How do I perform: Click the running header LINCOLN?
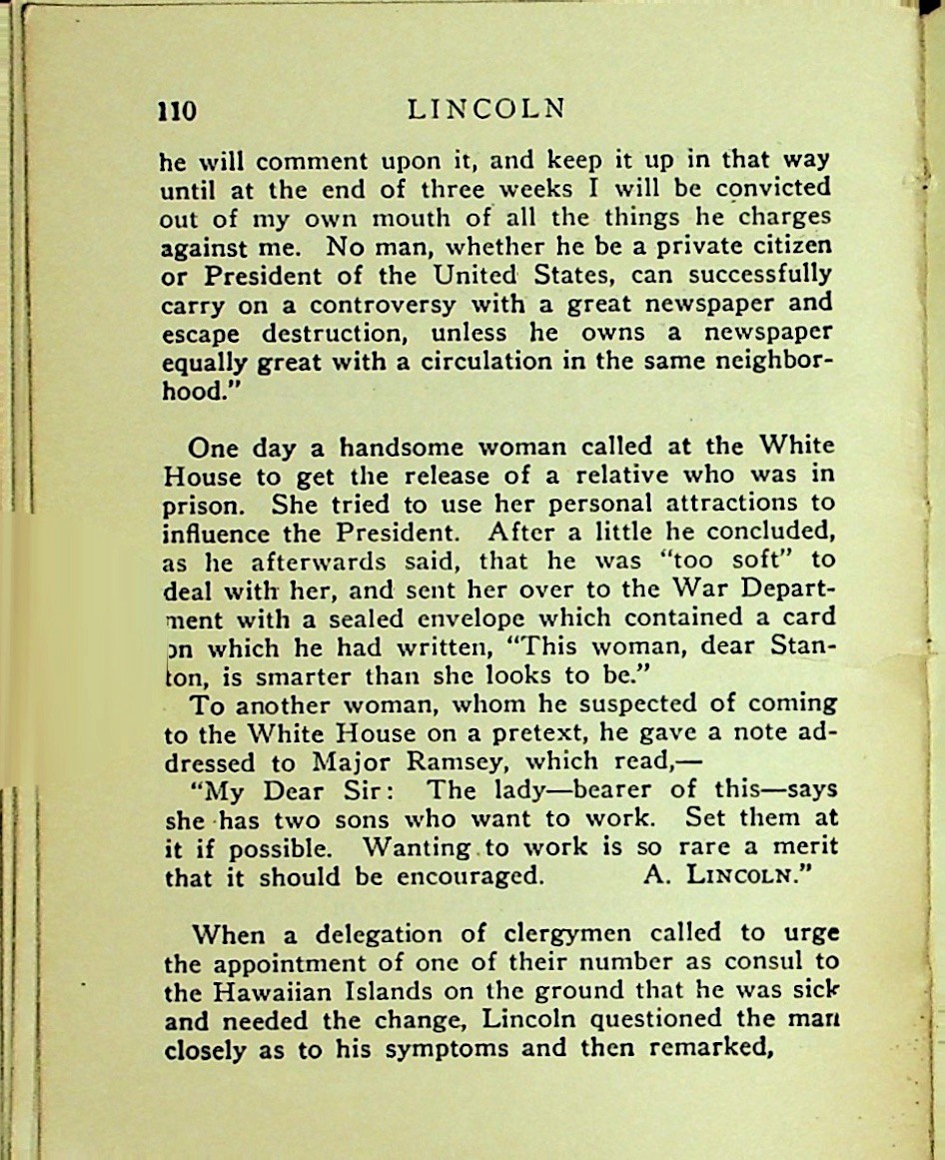(x=487, y=109)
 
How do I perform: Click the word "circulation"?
(x=479, y=361)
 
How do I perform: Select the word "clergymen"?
(x=566, y=935)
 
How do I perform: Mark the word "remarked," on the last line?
(x=702, y=1050)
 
